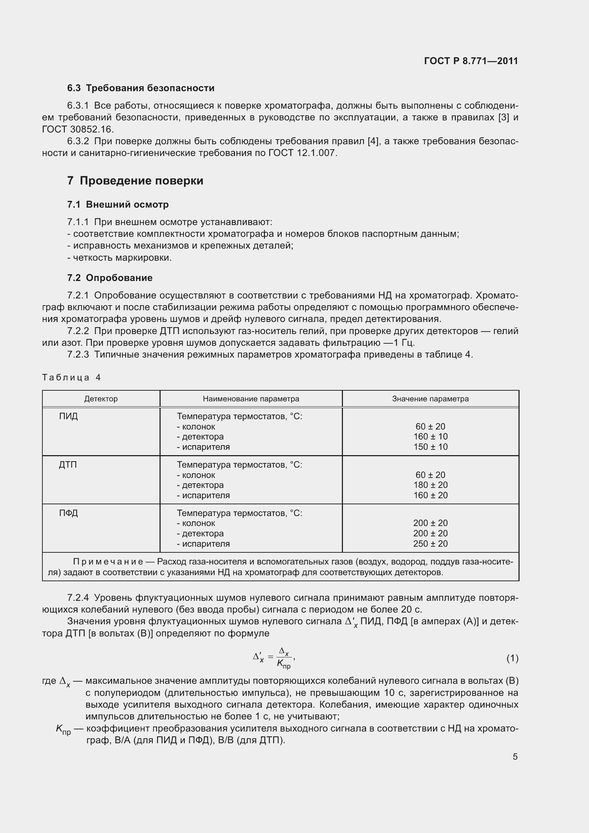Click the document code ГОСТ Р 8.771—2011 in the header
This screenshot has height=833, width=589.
tap(471, 61)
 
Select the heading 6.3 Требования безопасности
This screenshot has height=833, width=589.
tap(141, 88)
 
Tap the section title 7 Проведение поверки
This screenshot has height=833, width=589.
tap(135, 181)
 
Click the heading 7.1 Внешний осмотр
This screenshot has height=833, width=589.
tap(118, 205)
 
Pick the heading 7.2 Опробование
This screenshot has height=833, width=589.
tap(110, 278)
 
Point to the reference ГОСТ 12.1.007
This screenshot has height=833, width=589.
tap(302, 153)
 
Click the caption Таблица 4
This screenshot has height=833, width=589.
tap(72, 377)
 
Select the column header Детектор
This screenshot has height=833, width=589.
tap(101, 399)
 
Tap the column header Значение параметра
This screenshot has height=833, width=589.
tap(430, 399)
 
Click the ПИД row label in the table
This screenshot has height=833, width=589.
tap(68, 416)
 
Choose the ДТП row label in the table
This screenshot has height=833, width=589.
tap(68, 465)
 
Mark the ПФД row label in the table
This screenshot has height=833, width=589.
tap(68, 513)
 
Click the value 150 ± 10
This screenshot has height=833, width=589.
tap(430, 447)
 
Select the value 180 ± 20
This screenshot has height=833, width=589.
tap(430, 485)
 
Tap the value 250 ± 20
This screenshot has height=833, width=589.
tap(430, 543)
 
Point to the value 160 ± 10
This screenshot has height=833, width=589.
tap(430, 437)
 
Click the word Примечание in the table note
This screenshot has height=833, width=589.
tap(108, 562)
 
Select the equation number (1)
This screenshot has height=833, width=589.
tap(512, 658)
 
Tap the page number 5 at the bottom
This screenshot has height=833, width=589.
tap(515, 757)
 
